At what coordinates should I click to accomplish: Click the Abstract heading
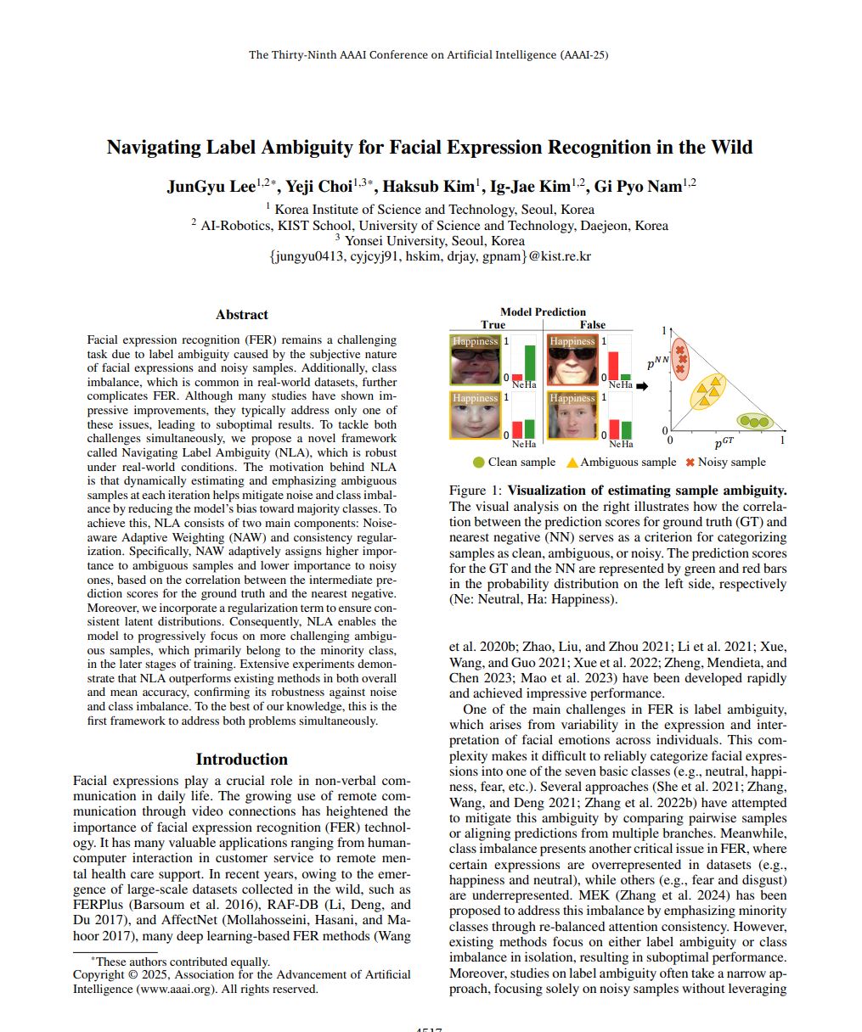tap(241, 315)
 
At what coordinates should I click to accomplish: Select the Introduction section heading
tap(241, 760)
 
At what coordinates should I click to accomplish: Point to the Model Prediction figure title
tap(543, 311)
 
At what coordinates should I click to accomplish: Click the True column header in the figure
tap(493, 324)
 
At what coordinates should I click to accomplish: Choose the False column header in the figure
tap(593, 324)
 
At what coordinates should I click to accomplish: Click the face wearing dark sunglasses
tap(572, 360)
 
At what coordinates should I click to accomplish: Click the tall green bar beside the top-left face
tap(530, 362)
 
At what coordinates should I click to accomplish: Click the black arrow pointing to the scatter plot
tap(642, 386)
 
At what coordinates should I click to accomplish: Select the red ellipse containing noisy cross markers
tap(680, 360)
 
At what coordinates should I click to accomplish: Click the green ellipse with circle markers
tap(753, 421)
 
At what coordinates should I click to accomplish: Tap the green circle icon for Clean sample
tap(479, 463)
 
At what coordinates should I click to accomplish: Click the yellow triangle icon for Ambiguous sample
tap(572, 463)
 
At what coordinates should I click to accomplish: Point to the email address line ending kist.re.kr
tap(430, 255)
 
